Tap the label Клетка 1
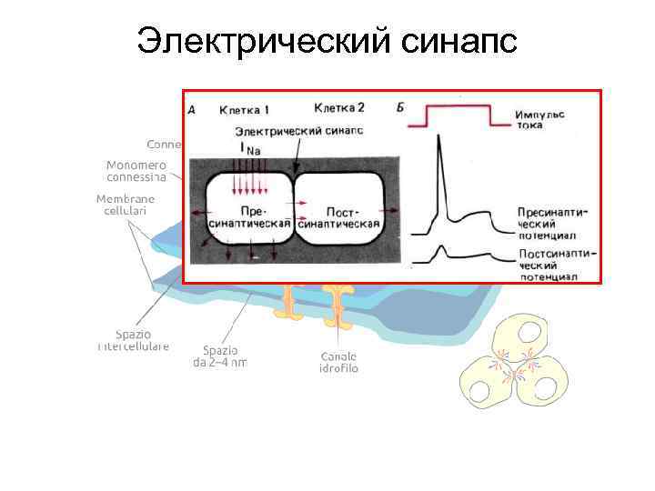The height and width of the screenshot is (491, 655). point(244,111)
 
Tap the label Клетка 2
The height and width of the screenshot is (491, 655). point(338,109)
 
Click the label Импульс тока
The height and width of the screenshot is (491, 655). point(539,119)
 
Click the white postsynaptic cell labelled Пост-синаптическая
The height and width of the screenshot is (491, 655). point(338,213)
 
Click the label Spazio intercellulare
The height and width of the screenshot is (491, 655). point(133,340)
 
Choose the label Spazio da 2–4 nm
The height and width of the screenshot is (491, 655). point(219,356)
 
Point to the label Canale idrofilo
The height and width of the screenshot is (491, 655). point(338,362)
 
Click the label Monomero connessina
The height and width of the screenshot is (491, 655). point(136,170)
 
